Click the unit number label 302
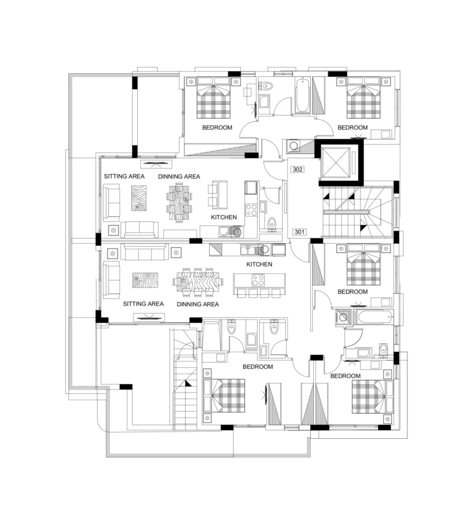point(298,170)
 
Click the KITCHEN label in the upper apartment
point(224,217)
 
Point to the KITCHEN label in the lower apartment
point(259,264)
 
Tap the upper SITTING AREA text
point(124,177)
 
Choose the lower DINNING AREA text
point(197,304)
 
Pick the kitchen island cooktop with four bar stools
point(259,281)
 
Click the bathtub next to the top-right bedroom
point(301,96)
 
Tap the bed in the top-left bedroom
point(214,100)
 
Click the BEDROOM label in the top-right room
point(352,128)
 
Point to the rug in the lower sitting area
point(144,282)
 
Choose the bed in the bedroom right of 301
point(364,265)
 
